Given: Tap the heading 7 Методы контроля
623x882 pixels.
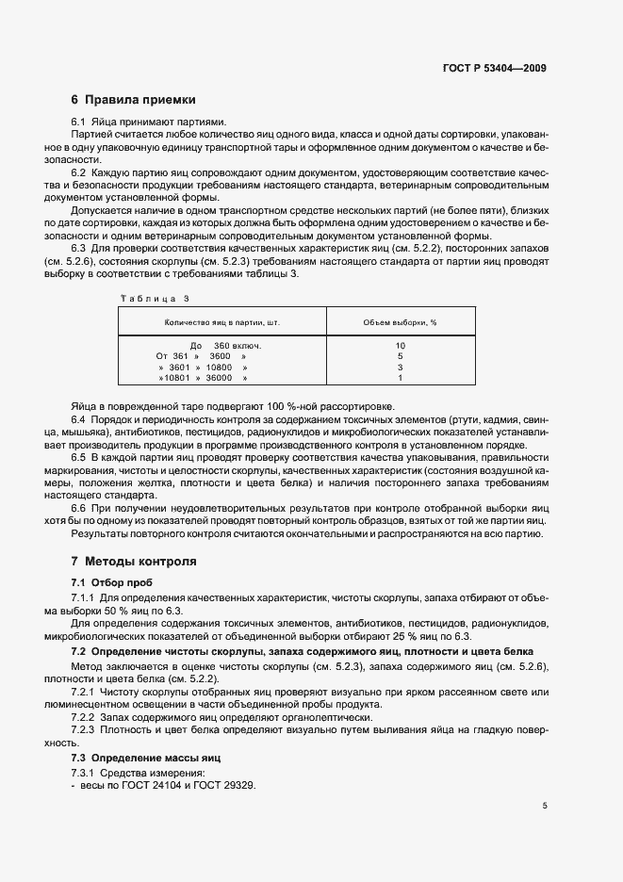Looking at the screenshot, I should point(134,562).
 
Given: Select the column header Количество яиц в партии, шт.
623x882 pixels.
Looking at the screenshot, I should point(222,322).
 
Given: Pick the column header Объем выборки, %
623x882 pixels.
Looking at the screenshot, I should point(400,322).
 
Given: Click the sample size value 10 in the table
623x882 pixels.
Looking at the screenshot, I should point(400,346).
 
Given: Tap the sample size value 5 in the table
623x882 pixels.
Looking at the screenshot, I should point(400,356).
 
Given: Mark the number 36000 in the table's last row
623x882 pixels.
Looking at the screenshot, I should point(219,378).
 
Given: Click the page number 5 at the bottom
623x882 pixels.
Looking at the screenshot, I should point(545,806).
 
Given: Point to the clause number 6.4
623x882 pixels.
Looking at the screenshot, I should point(79,417).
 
